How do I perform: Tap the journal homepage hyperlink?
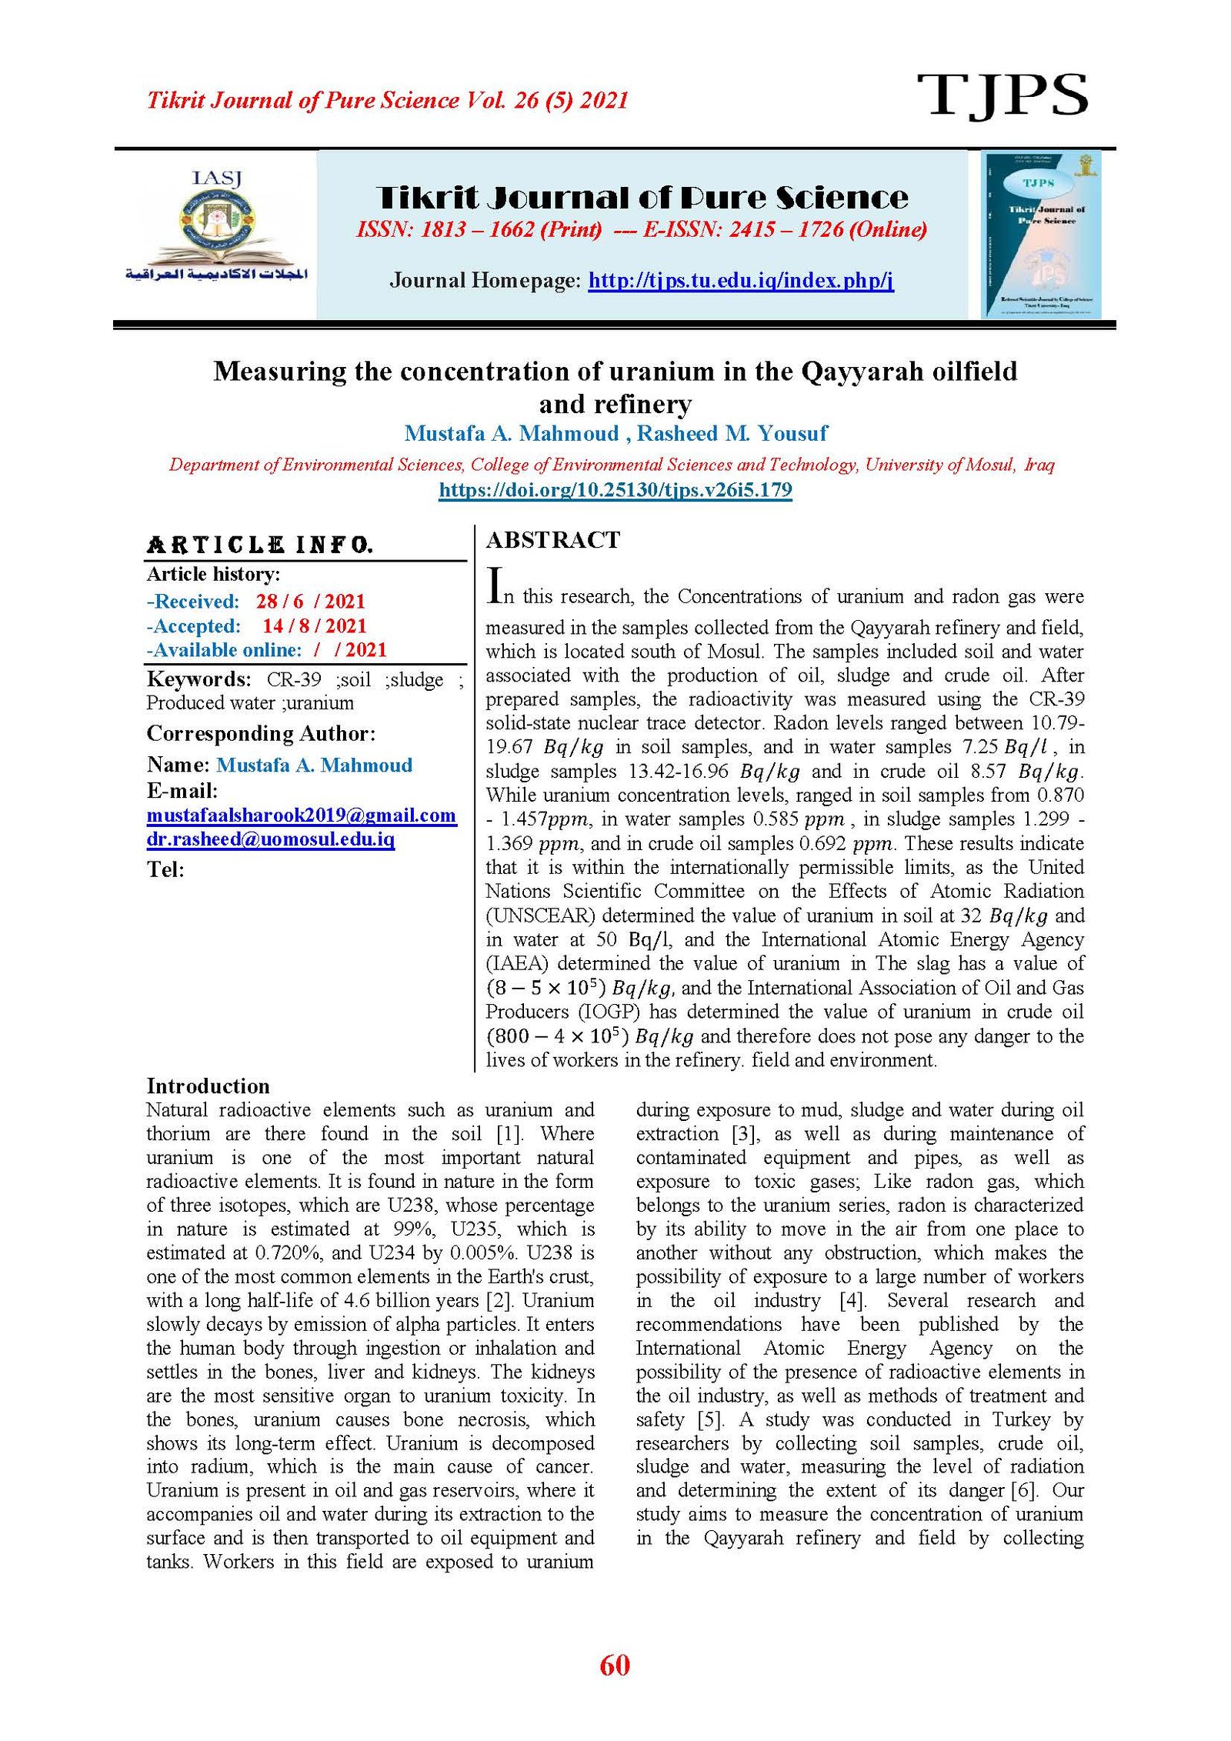click(741, 280)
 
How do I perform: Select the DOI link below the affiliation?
click(615, 490)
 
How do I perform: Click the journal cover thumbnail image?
click(1041, 235)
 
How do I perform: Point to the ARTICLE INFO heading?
click(260, 545)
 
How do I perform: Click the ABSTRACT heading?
click(552, 540)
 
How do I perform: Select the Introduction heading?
click(208, 1086)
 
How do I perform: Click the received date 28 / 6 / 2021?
click(311, 602)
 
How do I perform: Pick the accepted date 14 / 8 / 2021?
click(314, 626)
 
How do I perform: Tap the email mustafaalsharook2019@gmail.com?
click(301, 815)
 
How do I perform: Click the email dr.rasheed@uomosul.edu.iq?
click(271, 839)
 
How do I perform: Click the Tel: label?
click(165, 870)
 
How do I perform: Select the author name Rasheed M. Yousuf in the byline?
click(732, 434)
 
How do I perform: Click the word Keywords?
click(198, 679)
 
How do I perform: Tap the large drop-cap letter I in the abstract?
click(496, 586)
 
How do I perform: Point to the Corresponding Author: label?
click(261, 734)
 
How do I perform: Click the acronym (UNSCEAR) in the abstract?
click(540, 916)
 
